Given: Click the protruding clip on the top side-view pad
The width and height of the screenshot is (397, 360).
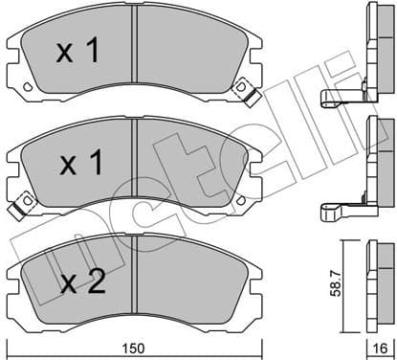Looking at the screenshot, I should [x=339, y=95].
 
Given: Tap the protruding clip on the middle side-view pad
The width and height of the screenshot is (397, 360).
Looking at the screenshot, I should [x=339, y=208].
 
